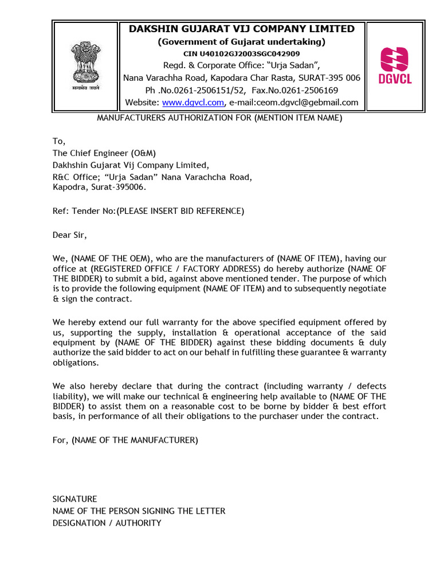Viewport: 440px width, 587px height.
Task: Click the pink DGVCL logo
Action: (x=395, y=65)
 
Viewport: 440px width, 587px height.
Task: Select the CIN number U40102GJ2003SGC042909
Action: (x=241, y=53)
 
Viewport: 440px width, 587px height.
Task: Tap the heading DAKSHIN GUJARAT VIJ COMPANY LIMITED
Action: (x=241, y=29)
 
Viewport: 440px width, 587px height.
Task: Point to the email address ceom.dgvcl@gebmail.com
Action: (x=293, y=103)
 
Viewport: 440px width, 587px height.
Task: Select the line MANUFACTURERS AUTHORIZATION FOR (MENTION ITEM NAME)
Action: (x=219, y=118)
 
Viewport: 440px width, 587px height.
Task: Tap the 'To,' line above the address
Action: (x=60, y=142)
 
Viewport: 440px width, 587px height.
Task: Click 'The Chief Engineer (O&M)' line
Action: (x=104, y=153)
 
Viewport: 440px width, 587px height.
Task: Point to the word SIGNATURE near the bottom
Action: (x=75, y=499)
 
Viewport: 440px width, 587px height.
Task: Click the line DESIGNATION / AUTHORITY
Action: (x=107, y=523)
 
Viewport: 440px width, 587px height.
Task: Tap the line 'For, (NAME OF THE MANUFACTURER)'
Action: (x=125, y=440)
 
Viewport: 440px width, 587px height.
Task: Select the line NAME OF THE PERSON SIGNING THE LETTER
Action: (x=139, y=511)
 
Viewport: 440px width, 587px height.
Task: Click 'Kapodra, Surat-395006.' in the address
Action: (x=99, y=187)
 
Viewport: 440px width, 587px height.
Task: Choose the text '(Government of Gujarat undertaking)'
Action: (x=241, y=42)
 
